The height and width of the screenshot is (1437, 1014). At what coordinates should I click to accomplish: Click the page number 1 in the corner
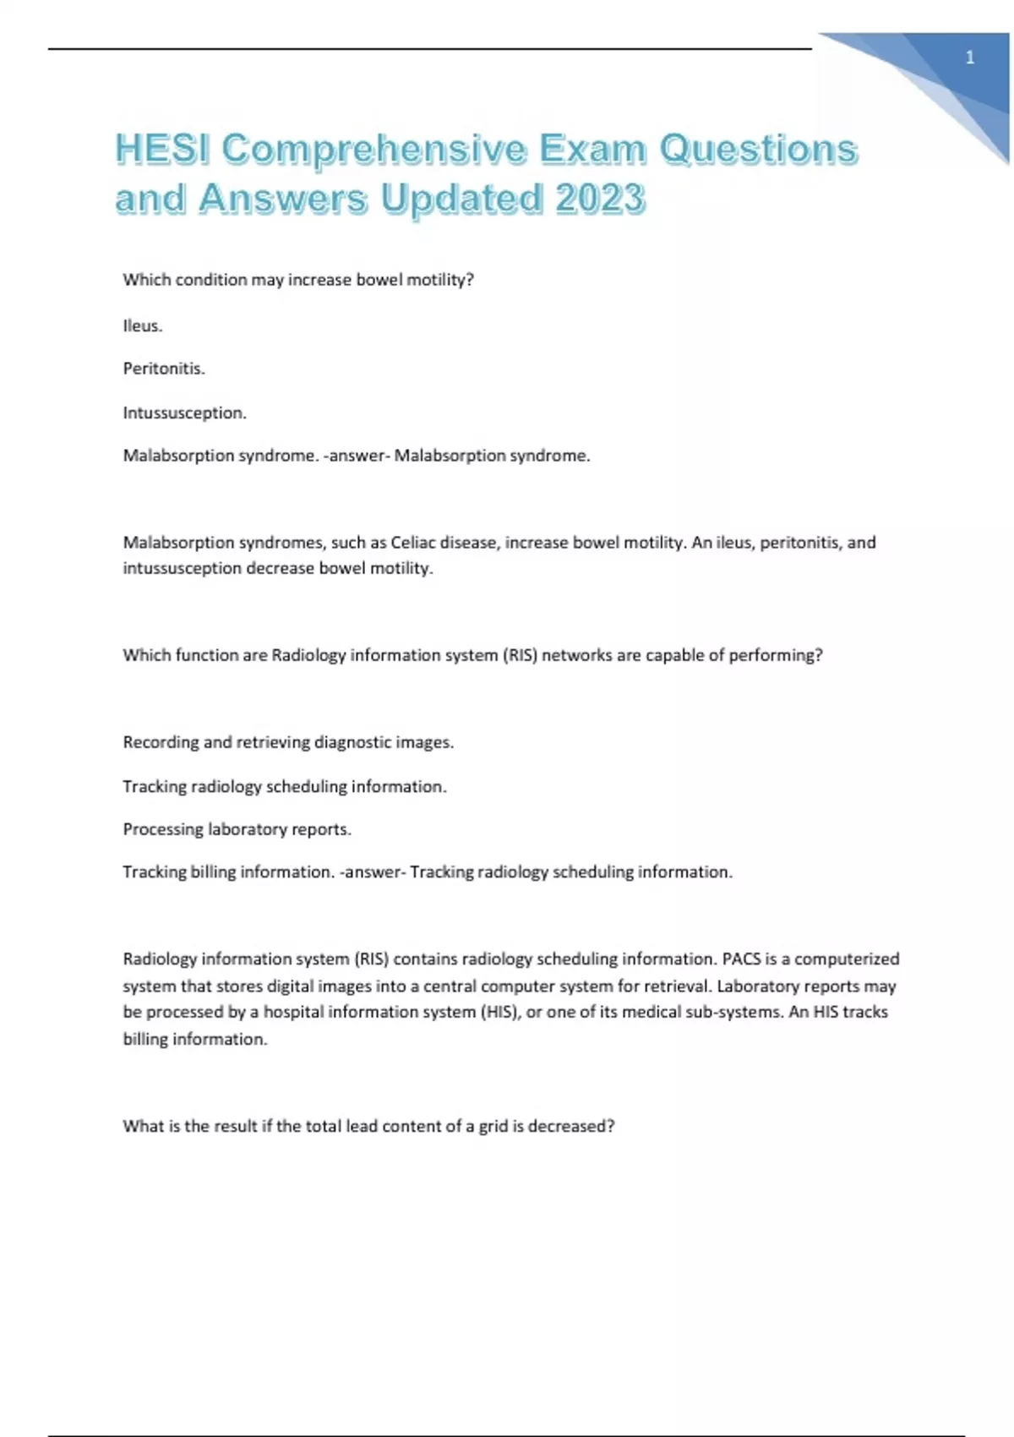point(970,58)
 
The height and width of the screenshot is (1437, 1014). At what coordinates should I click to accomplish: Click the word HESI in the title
point(163,149)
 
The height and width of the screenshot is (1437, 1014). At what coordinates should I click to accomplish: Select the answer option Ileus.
point(143,325)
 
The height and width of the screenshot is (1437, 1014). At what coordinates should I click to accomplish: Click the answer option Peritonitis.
point(164,369)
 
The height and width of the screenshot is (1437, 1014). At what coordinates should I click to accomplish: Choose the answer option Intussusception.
point(185,413)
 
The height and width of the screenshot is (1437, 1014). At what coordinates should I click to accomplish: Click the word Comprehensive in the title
point(373,149)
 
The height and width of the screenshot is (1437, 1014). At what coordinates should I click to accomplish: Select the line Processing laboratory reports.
point(237,829)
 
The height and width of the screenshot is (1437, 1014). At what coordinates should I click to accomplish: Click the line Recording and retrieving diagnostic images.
point(288,742)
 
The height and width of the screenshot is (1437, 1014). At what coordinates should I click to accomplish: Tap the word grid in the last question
point(493,1126)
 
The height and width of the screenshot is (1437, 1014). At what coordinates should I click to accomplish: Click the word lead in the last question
point(362,1126)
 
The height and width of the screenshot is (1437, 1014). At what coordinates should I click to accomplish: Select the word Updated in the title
point(461,199)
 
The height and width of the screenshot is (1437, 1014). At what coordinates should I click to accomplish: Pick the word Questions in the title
point(758,149)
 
